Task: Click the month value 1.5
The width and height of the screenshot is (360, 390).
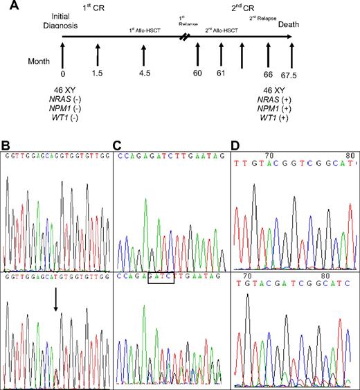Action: (98, 73)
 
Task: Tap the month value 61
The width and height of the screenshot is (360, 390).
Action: (221, 73)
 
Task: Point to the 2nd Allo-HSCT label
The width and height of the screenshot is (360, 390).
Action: (222, 30)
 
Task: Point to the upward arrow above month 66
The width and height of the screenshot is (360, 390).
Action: (268, 54)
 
